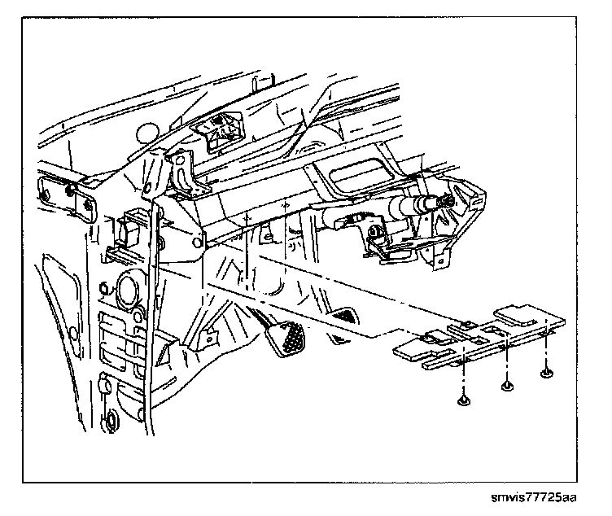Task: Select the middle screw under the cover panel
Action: [x=508, y=384]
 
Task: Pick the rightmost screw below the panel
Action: [x=545, y=373]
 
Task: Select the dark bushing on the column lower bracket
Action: [x=377, y=235]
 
